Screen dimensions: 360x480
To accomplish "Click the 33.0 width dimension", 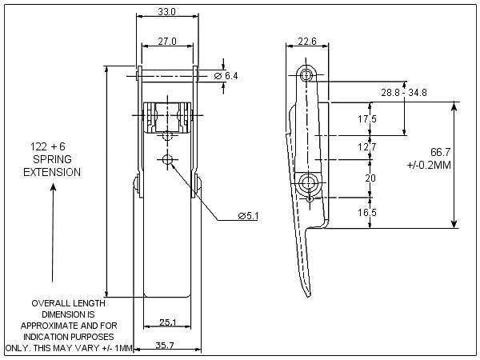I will (167, 12).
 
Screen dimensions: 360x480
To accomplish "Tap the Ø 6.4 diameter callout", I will (226, 75).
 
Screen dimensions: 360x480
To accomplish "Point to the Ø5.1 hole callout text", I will (250, 215).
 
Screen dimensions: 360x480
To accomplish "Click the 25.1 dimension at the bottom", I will (167, 322).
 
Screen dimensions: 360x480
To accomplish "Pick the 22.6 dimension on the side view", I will (307, 42).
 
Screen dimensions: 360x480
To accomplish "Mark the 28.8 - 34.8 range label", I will (404, 93).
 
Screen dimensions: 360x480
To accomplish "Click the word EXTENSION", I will (52, 172).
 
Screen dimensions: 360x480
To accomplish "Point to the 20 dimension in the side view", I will (369, 178).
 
